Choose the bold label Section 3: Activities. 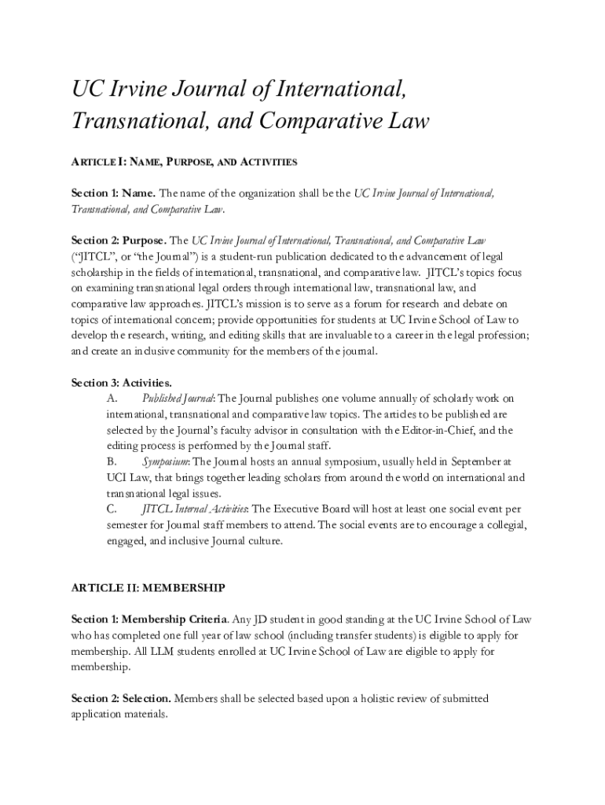pos(122,383)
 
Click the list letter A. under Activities pos(112,399)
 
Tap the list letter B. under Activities pos(112,461)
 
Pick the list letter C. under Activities pos(112,509)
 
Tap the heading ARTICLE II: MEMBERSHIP pos(148,588)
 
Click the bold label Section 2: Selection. pos(121,699)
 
